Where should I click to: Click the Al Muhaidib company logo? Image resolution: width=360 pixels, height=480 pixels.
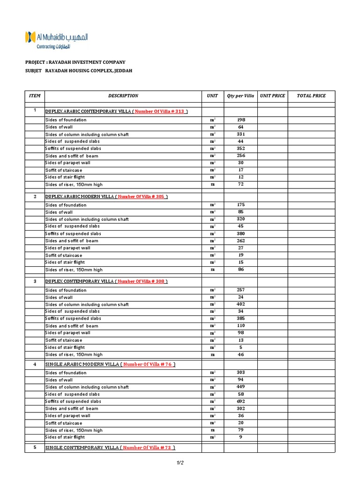[x=56, y=40]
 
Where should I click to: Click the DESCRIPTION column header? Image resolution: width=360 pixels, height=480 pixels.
[x=123, y=96]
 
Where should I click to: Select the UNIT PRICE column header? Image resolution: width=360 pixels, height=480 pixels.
[x=272, y=96]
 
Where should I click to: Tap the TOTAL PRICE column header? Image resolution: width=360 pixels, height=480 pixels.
[x=311, y=96]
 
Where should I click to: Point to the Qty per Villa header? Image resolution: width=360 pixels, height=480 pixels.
[x=240, y=96]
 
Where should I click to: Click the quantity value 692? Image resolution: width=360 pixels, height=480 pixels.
[x=241, y=401]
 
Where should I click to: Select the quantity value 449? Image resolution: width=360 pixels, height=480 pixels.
[x=241, y=387]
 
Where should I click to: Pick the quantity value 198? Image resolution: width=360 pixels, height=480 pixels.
[x=241, y=120]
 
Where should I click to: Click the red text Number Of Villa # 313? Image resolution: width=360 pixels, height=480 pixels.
[x=160, y=112]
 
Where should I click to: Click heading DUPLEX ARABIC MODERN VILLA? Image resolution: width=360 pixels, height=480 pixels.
[x=79, y=196]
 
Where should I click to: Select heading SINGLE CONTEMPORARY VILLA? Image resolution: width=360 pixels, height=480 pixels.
[x=81, y=448]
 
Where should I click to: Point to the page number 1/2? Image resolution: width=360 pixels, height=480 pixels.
[x=180, y=463]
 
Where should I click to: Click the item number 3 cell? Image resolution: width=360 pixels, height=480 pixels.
[x=35, y=281]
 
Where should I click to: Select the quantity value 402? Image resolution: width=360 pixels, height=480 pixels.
[x=241, y=304]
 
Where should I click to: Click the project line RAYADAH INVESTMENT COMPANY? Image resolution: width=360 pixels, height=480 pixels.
[x=75, y=62]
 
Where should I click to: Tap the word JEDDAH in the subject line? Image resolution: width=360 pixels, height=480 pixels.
[x=121, y=71]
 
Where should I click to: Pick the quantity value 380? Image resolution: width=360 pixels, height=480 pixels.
[x=241, y=233]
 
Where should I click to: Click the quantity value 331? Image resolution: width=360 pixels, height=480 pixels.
[x=241, y=134]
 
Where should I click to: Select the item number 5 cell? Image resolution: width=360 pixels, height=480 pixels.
[x=35, y=448]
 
